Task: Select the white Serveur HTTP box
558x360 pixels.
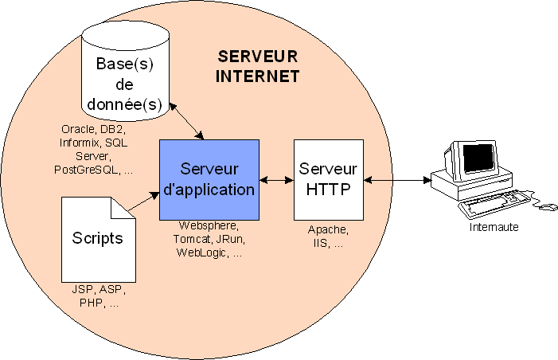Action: pos(328,179)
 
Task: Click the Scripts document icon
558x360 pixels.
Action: pos(97,237)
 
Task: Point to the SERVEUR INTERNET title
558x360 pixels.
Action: pos(257,67)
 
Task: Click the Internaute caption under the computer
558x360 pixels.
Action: pos(494,227)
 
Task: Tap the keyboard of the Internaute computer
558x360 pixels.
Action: pos(494,203)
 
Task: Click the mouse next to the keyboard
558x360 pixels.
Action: pos(548,208)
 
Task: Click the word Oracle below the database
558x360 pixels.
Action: pos(78,129)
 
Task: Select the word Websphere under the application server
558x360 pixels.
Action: pos(209,226)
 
